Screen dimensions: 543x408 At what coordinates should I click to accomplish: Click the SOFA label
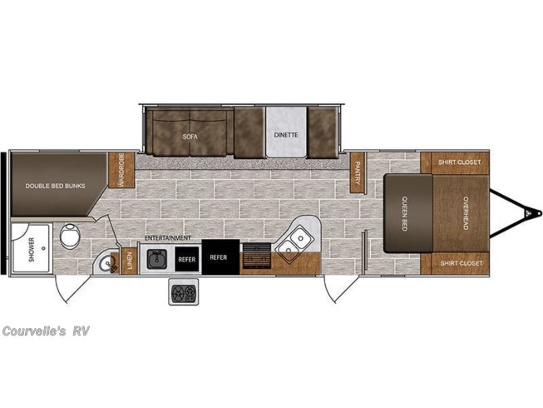click(190, 137)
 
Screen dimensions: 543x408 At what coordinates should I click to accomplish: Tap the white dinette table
click(286, 132)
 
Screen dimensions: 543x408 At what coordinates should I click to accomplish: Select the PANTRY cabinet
click(358, 172)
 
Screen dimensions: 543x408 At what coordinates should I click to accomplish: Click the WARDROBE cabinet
click(121, 170)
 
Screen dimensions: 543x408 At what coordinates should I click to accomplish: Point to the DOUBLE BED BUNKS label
click(55, 186)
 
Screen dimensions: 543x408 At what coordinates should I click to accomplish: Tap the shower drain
click(43, 248)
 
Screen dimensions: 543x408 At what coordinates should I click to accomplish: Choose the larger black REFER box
click(220, 257)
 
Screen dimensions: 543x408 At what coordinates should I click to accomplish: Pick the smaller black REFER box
click(187, 259)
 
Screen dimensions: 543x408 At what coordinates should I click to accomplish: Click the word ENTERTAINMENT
click(168, 238)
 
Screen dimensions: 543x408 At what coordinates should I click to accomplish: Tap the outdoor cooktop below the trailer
click(184, 292)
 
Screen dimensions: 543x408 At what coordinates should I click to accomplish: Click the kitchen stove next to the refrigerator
click(257, 256)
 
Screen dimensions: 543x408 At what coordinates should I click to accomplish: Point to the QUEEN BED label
click(404, 213)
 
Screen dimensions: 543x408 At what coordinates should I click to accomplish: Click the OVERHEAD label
click(466, 213)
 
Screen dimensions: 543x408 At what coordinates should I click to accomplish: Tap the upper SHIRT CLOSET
click(455, 163)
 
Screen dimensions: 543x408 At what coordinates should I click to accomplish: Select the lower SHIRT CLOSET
click(455, 264)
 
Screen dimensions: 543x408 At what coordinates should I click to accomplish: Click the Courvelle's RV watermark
click(46, 331)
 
